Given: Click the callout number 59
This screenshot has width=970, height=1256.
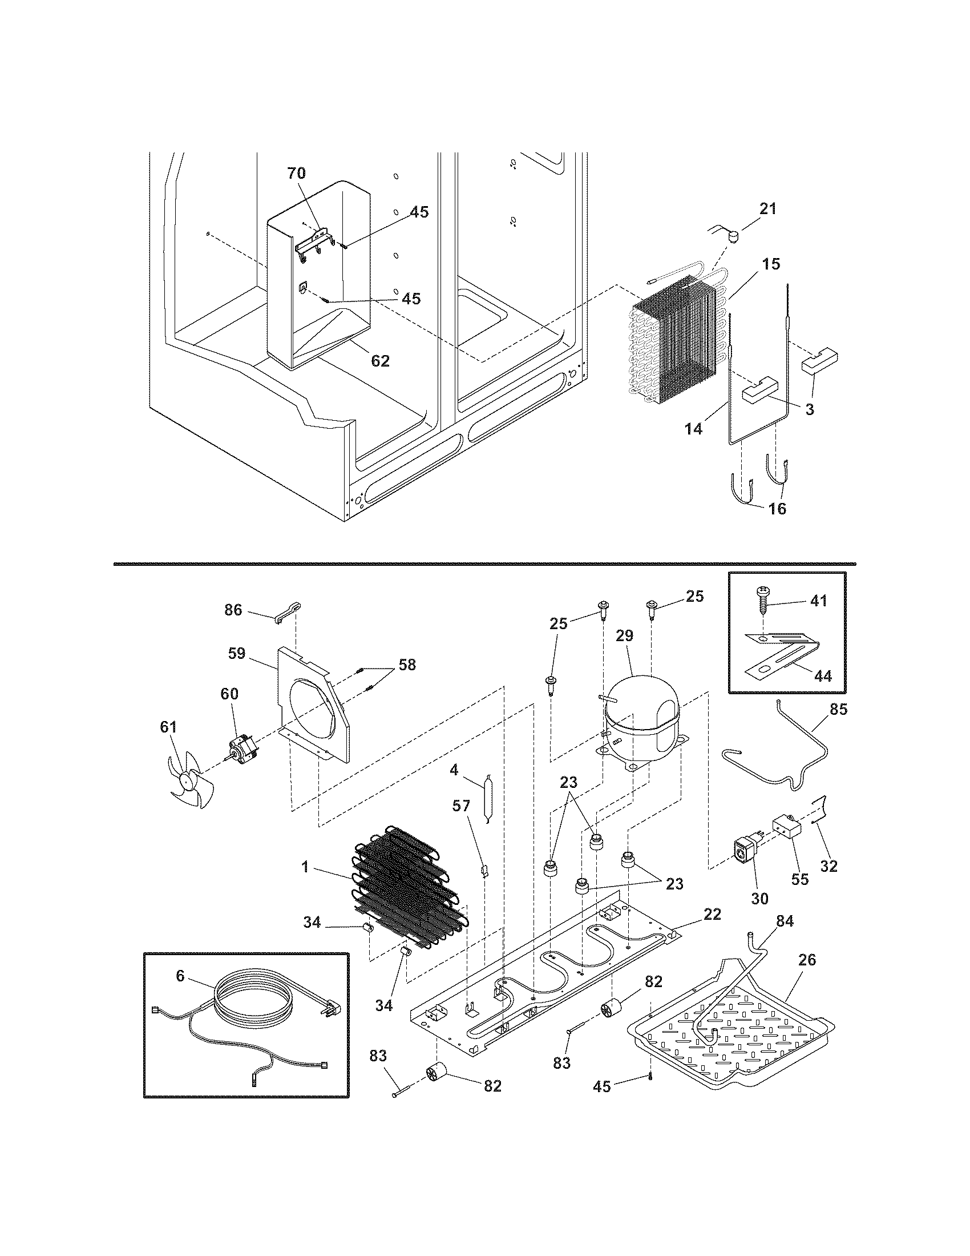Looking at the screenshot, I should click(x=237, y=653).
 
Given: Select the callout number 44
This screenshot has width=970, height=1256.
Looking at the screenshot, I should click(x=823, y=677).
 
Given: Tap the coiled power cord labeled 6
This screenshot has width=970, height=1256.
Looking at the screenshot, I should click(x=253, y=1001).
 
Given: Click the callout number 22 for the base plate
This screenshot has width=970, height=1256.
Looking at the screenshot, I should click(x=712, y=914).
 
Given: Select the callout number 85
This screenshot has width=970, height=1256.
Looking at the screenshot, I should click(x=838, y=709).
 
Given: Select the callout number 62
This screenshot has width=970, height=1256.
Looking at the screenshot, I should click(x=381, y=361).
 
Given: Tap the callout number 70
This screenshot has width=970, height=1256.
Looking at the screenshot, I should click(x=297, y=173).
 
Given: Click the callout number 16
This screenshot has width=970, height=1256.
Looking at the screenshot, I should click(x=777, y=508).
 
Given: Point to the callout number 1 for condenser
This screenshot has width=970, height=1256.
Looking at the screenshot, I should click(x=305, y=867).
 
